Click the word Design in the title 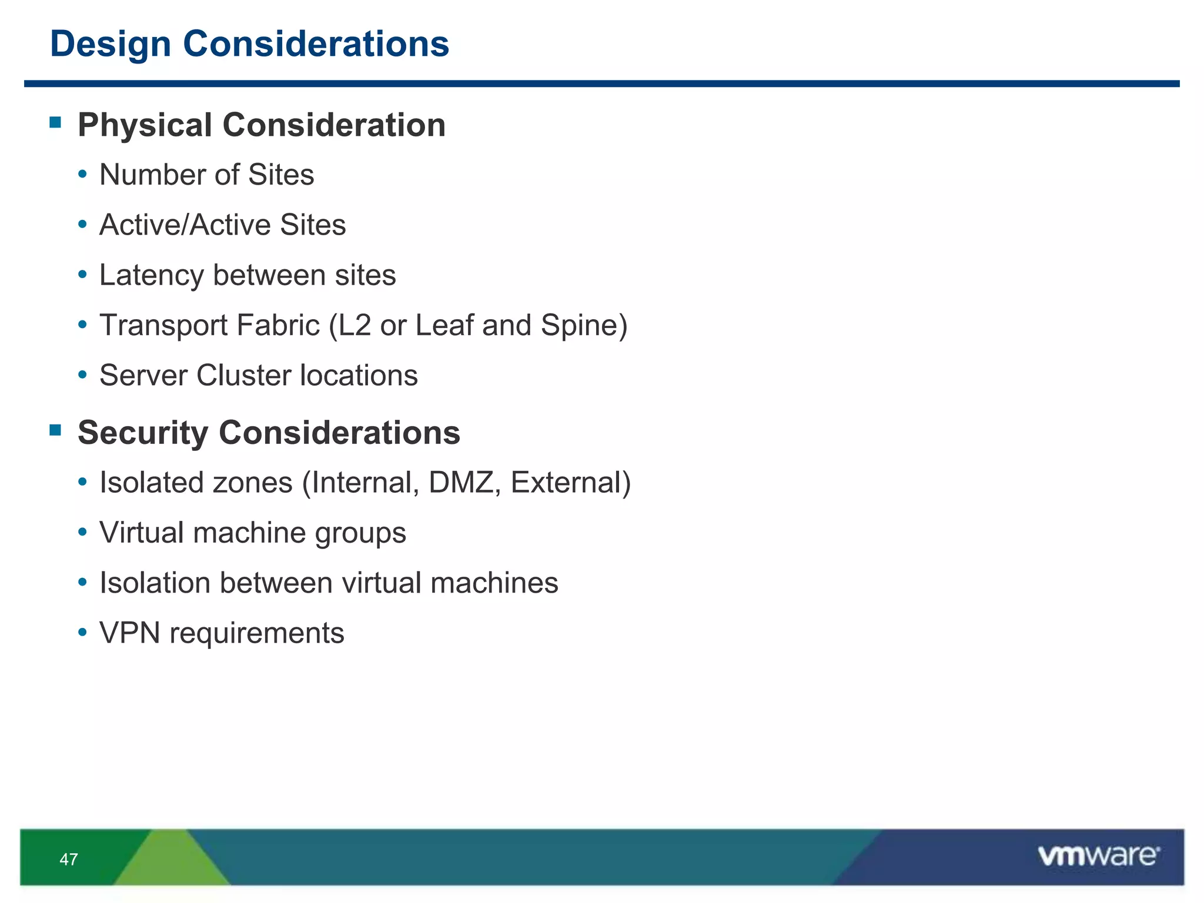(111, 44)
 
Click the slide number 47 (69, 859)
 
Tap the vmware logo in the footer (1098, 856)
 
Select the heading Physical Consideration (262, 125)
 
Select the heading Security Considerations (269, 433)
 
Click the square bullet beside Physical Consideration (56, 122)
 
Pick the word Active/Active (185, 225)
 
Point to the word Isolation (155, 583)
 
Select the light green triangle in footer (170, 861)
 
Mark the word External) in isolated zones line (570, 483)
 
